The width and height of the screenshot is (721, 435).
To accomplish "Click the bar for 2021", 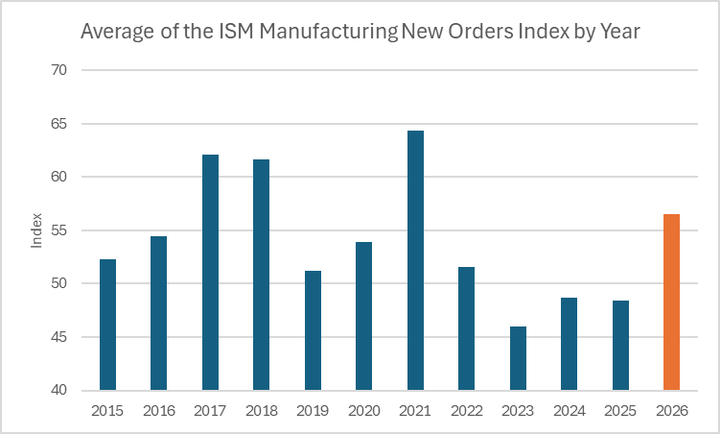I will click(x=415, y=260).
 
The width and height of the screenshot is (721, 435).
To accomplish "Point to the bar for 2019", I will click(x=313, y=330).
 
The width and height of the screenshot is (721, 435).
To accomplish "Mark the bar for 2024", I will click(x=569, y=344).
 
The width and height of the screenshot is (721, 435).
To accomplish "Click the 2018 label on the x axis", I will click(x=261, y=411).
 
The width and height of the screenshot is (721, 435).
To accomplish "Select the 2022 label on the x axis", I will click(x=466, y=411).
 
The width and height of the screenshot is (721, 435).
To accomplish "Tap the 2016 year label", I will click(x=158, y=411).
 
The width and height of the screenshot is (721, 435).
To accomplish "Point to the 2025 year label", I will click(x=620, y=411).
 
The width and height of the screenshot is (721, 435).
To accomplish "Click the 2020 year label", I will click(x=363, y=411).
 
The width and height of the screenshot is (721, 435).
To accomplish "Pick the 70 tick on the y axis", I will click(x=58, y=70).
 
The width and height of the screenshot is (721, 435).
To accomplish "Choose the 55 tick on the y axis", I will click(x=58, y=230).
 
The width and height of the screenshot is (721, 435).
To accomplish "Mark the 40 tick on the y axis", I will click(x=58, y=390).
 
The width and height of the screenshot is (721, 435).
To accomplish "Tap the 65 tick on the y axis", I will click(x=58, y=124).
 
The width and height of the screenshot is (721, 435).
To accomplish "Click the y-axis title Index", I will click(x=36, y=230).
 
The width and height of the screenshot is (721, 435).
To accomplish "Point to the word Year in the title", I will click(x=618, y=31).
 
